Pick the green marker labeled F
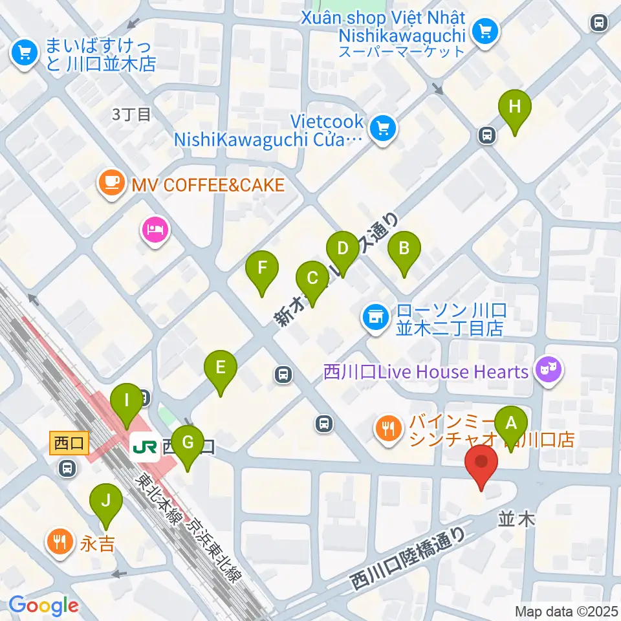(262, 268)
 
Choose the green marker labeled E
(221, 369)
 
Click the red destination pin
(481, 463)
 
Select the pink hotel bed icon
(156, 229)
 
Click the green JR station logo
(143, 446)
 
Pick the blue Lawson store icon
(376, 318)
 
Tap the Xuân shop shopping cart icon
(484, 30)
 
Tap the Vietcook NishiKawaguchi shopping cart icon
(383, 129)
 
